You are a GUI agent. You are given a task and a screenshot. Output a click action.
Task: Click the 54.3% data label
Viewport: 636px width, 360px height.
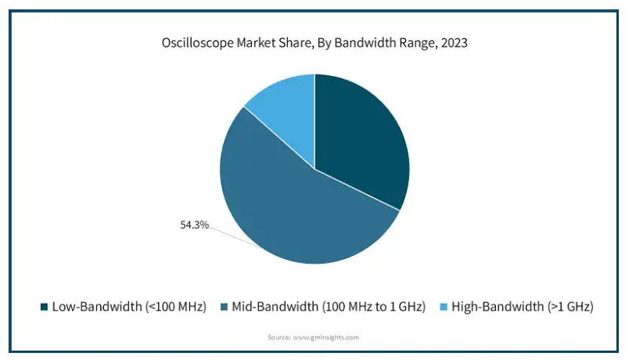[x=194, y=225]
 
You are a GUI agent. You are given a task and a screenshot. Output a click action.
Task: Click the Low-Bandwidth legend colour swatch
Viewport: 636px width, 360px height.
[x=45, y=307]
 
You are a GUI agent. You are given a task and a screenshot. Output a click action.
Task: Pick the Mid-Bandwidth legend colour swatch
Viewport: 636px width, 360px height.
[x=224, y=307]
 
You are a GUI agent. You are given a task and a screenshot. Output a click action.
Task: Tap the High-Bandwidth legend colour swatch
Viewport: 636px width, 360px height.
[x=444, y=307]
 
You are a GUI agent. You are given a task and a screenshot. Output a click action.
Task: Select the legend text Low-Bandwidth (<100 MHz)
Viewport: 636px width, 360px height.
[x=129, y=307]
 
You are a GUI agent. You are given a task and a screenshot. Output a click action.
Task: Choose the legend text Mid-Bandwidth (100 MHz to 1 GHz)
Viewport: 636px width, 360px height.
[x=329, y=307]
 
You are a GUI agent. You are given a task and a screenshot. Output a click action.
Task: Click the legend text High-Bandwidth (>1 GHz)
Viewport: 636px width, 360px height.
[x=523, y=307]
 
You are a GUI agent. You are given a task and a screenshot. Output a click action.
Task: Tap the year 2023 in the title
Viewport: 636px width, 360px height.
[x=455, y=42]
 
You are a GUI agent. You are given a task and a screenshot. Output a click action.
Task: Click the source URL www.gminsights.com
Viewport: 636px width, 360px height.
[x=325, y=337]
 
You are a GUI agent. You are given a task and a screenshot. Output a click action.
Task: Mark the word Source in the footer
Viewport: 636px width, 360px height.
[x=279, y=337]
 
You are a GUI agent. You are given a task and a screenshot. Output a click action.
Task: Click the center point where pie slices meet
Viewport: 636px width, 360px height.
[x=315, y=169]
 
